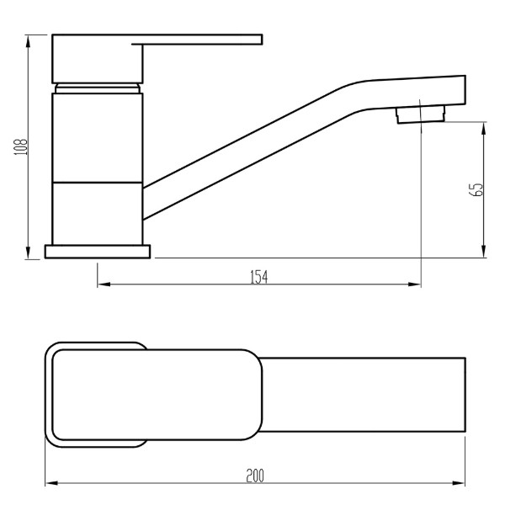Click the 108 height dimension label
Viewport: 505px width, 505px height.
coord(20,146)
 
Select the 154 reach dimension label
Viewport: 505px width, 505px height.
coord(259,277)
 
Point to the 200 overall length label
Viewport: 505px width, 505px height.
coord(255,476)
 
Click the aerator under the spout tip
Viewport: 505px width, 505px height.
coord(421,115)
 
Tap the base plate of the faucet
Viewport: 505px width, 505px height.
coord(98,252)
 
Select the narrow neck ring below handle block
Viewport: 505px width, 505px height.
coord(98,88)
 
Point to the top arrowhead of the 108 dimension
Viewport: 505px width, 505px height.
coord(29,40)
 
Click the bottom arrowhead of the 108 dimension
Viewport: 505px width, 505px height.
coord(29,252)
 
